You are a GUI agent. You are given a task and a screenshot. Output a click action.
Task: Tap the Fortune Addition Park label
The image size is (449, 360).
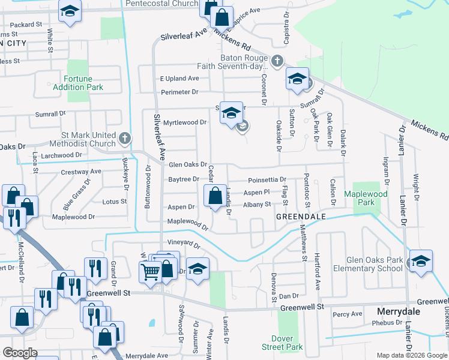click(x=83, y=83)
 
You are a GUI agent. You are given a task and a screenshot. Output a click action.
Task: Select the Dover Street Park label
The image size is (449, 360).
click(x=282, y=343)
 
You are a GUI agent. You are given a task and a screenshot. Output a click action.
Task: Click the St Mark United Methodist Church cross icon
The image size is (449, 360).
click(x=125, y=139)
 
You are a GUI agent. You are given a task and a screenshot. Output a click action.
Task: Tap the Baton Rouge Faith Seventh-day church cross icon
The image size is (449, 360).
click(x=277, y=61)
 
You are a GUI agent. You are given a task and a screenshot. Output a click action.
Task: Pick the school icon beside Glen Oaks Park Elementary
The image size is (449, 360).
click(x=421, y=261)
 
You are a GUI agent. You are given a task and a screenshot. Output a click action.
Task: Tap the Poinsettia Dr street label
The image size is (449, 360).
click(x=267, y=179)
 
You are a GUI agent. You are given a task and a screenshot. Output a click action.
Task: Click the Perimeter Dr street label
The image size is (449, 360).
click(x=179, y=92)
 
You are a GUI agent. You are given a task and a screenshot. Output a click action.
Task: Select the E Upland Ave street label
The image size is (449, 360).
click(x=179, y=79)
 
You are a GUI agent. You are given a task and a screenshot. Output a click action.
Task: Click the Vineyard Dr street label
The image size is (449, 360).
click(x=183, y=243)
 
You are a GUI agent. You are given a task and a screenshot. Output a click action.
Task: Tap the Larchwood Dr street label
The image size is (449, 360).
click(x=62, y=155)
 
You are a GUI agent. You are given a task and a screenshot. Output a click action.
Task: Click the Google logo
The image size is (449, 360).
click(x=20, y=353)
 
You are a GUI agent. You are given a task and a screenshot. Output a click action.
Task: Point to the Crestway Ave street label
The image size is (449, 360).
click(x=81, y=172)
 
